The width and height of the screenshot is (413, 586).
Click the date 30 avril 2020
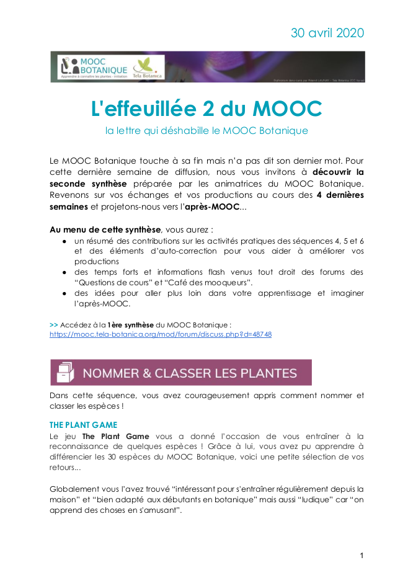(x=327, y=33)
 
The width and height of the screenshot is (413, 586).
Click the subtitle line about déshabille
(x=206, y=131)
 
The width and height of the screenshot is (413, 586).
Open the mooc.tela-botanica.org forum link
(x=161, y=334)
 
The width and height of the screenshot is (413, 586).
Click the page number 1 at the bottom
(x=362, y=556)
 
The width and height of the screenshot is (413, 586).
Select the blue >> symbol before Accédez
(x=53, y=324)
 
